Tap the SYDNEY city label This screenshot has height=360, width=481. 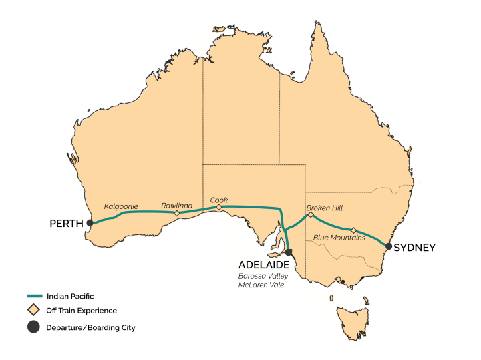[414, 247]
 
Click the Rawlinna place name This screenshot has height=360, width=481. [176, 206]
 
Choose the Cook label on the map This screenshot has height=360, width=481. [219, 199]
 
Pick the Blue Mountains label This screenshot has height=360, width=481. [339, 238]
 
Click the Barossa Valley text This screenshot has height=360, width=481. [261, 275]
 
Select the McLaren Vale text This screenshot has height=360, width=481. [259, 285]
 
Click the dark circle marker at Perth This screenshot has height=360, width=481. [90, 224]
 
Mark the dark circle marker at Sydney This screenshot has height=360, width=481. [389, 246]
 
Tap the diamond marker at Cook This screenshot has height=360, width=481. [218, 207]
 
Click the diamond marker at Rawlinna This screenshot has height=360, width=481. [176, 214]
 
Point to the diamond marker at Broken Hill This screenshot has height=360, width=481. [311, 215]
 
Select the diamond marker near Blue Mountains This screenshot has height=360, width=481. [354, 230]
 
